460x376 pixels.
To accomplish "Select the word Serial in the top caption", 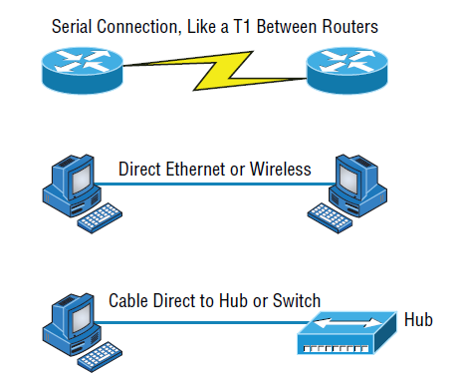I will click(74, 22).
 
